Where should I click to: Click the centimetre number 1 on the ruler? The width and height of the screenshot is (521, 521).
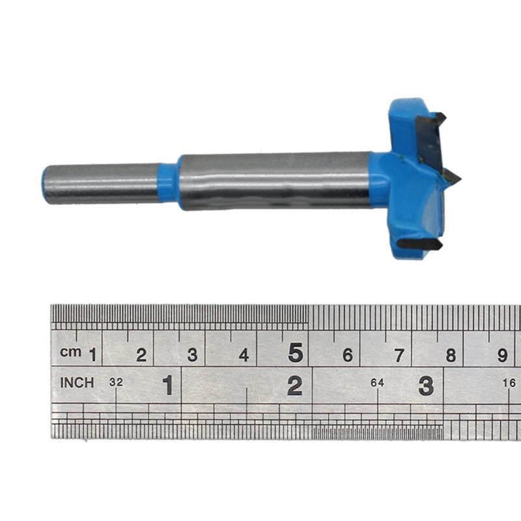pyautogui.click(x=92, y=355)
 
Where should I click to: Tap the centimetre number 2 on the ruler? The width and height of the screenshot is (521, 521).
pyautogui.click(x=141, y=355)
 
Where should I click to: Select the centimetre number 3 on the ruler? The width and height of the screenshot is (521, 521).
pyautogui.click(x=192, y=355)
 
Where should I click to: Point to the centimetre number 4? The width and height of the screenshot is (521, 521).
pyautogui.click(x=244, y=355)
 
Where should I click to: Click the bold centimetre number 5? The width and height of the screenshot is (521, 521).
pyautogui.click(x=296, y=353)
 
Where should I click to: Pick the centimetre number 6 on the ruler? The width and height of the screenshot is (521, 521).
pyautogui.click(x=347, y=355)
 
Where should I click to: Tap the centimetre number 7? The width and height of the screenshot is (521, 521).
pyautogui.click(x=399, y=355)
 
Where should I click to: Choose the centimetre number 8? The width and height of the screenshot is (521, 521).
pyautogui.click(x=450, y=355)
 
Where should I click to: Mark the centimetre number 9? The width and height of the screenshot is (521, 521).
pyautogui.click(x=502, y=355)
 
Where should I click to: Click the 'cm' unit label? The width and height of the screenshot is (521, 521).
pyautogui.click(x=70, y=352)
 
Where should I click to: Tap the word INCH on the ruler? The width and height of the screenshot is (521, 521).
pyautogui.click(x=77, y=383)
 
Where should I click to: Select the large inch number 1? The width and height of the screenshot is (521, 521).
pyautogui.click(x=168, y=386)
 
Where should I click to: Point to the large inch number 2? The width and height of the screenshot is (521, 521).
pyautogui.click(x=295, y=386)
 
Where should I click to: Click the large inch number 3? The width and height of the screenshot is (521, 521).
pyautogui.click(x=425, y=386)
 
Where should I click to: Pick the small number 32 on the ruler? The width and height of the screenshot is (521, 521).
pyautogui.click(x=116, y=383)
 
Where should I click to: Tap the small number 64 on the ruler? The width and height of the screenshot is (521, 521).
pyautogui.click(x=377, y=383)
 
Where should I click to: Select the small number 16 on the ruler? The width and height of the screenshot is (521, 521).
pyautogui.click(x=509, y=383)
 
